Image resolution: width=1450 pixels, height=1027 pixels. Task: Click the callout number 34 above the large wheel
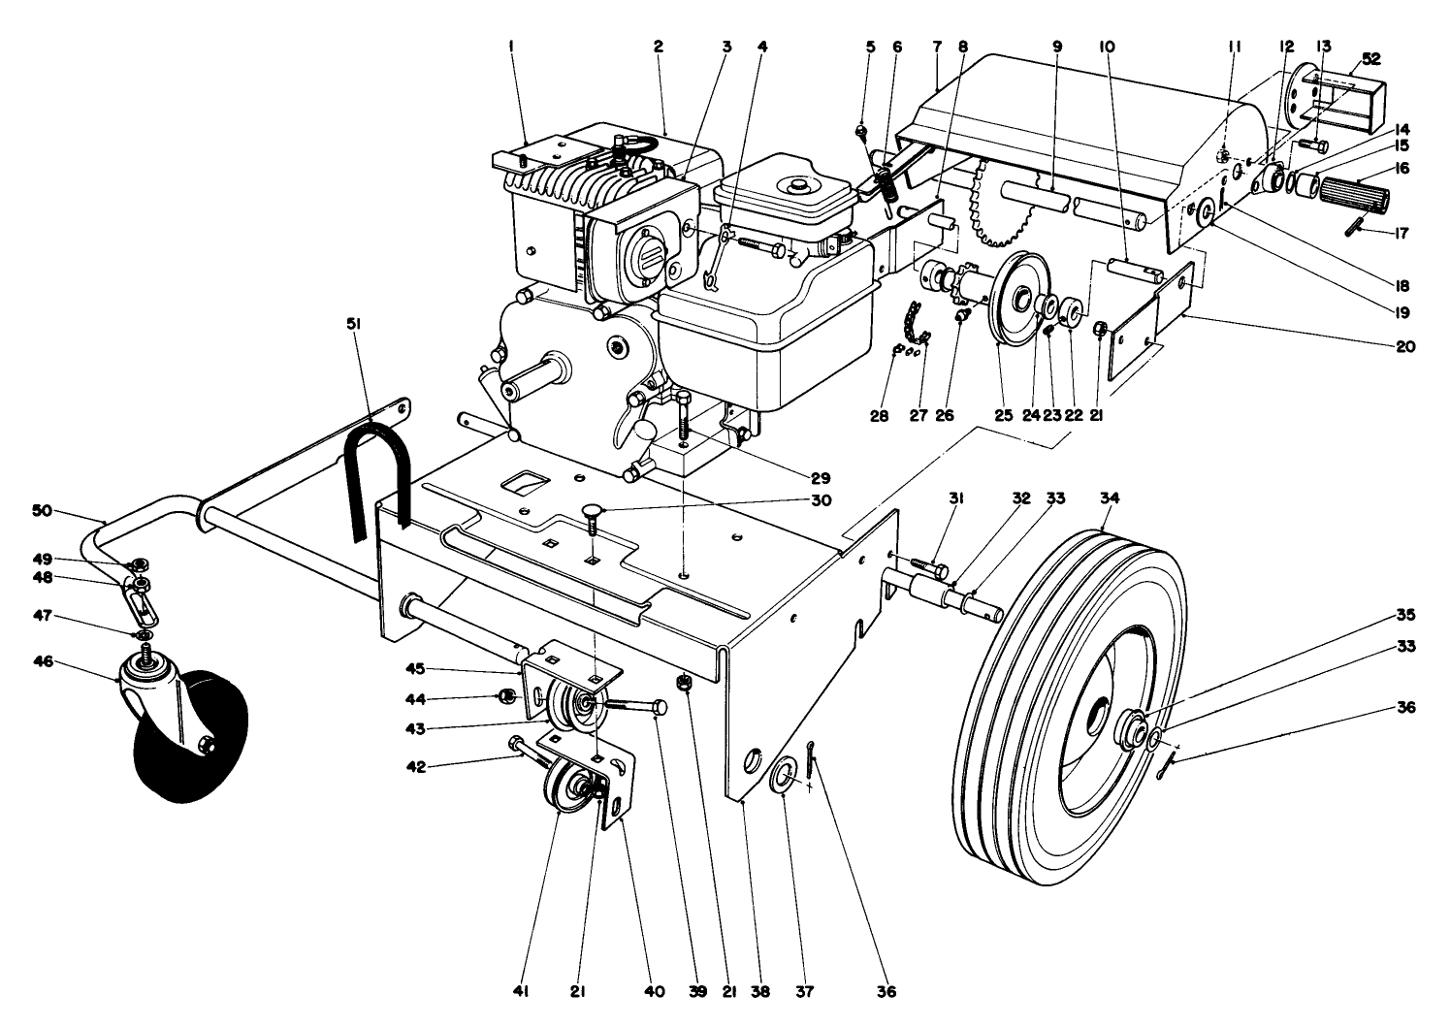tap(1110, 497)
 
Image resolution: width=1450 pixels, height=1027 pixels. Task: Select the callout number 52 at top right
tap(1369, 58)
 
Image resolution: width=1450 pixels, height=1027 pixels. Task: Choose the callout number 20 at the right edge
tap(1405, 346)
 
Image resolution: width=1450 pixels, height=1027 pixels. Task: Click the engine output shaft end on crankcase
tap(509, 390)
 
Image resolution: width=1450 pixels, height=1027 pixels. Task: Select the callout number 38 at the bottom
tap(760, 992)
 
